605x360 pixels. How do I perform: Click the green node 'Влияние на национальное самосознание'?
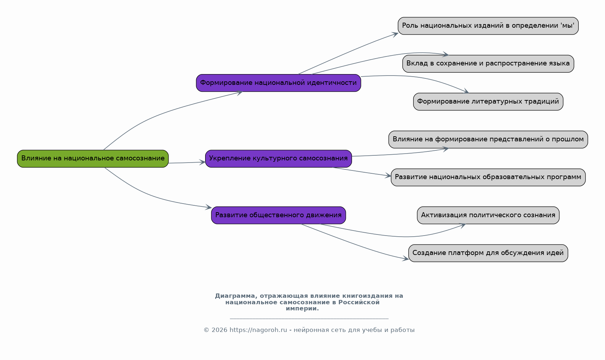point(92,159)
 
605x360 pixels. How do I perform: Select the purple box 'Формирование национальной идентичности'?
point(279,83)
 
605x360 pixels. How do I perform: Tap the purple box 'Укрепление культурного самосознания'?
point(279,159)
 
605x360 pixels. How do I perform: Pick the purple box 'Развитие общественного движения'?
point(279,215)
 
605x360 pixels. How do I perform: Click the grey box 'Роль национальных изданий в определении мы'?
point(488,26)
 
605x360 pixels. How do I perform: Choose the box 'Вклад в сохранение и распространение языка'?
point(488,64)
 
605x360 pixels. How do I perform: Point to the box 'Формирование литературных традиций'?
point(488,102)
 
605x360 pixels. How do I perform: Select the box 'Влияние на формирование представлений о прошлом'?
point(488,140)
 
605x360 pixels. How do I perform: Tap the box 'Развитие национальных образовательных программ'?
point(488,177)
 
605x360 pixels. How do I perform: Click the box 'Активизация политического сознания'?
point(488,215)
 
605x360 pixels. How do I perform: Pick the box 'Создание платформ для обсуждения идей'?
point(488,253)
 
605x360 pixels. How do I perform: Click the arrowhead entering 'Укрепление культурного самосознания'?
point(202,162)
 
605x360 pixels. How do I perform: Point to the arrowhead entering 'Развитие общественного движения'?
point(208,207)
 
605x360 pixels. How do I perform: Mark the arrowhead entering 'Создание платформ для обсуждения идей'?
point(405,259)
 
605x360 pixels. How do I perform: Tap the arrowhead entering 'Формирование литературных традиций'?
point(466,91)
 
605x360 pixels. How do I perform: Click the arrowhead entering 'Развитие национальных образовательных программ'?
point(388,176)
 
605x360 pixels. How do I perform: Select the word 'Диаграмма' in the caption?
point(235,296)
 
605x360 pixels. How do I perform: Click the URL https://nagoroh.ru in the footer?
point(258,330)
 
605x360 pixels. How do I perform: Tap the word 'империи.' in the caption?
point(302,309)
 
